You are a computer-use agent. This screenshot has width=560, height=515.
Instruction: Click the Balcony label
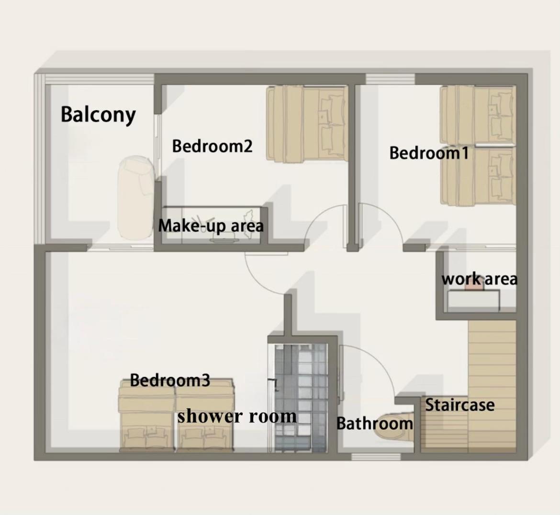pos(98,114)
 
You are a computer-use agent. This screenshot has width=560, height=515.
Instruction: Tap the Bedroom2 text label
pos(212,146)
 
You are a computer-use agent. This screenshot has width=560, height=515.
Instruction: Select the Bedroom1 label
pos(428,153)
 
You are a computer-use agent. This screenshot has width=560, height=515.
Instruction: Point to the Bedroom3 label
pos(169,380)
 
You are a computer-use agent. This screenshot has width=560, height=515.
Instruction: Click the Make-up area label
pos(211,226)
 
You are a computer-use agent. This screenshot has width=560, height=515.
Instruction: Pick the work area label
pos(479,279)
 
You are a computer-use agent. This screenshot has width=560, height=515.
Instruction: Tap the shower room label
pos(237,416)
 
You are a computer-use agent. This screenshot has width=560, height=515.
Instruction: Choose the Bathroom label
pos(374,423)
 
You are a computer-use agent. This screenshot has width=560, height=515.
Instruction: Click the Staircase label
pos(459,405)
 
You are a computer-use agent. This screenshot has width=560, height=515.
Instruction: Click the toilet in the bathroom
pos(393,427)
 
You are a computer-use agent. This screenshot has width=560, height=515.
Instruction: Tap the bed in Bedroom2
pos(307,124)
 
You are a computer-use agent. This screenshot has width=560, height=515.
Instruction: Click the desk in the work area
pos(473,300)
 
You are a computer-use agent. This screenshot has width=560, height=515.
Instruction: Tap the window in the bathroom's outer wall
pos(376,457)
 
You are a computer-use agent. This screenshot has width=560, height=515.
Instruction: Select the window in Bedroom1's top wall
pos(391,79)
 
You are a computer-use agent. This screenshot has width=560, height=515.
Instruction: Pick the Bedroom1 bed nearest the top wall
pos(478,114)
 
